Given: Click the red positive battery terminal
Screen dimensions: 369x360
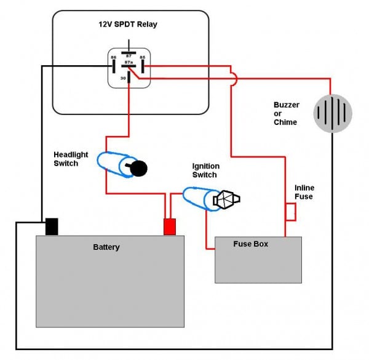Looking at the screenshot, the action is coord(170,226).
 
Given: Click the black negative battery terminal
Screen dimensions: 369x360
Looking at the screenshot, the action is coord(52,226).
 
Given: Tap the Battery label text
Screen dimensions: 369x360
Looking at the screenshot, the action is coord(106,247).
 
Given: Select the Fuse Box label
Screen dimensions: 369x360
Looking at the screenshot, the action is coord(251,244).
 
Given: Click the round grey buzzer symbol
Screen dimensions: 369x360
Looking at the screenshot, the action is coord(333,113).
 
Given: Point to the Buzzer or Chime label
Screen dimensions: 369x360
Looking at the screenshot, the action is coord(287,113).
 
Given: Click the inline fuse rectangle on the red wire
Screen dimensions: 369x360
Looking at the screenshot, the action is coord(291,212).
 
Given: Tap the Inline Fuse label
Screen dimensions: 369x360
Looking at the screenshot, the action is coord(304,192).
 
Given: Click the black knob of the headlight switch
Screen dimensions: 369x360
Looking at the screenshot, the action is coord(138,169).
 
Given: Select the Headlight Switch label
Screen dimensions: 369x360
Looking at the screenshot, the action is coord(71,159).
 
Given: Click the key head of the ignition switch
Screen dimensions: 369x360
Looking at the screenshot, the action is coord(226,199).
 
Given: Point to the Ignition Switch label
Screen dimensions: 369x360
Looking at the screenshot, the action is coord(206,170).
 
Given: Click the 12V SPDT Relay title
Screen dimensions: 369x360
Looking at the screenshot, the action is coord(128,24).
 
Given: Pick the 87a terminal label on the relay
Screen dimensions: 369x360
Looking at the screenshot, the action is coord(129,62).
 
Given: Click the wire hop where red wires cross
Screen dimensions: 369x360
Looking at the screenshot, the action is coord(234,79).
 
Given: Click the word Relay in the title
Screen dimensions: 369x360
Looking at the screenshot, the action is coord(147,24).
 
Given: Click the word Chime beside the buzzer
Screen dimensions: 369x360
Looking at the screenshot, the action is coord(285,122).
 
